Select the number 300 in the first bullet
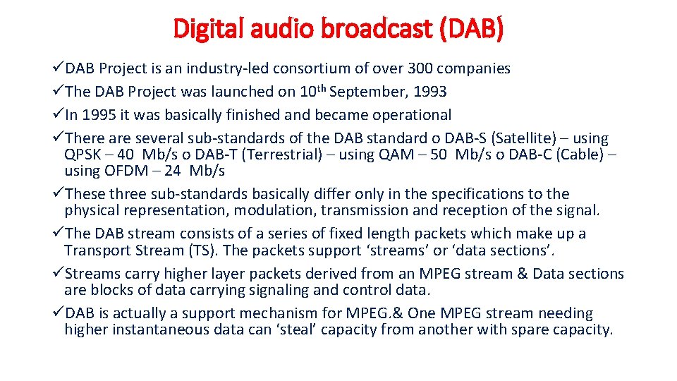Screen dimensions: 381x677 (x=415, y=68)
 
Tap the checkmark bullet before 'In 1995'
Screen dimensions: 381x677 (x=59, y=115)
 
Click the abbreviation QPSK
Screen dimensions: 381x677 (x=82, y=155)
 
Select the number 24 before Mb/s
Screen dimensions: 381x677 (x=173, y=171)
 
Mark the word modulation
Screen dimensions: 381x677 (x=276, y=210)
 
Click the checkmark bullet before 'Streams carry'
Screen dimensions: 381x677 (x=59, y=274)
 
